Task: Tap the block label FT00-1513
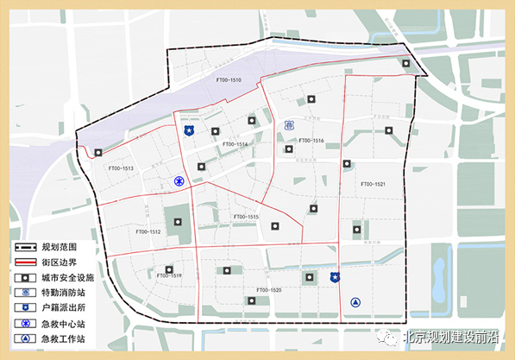click(x=121, y=168)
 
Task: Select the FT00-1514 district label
click(x=235, y=144)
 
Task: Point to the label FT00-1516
click(x=311, y=140)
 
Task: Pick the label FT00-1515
click(x=246, y=216)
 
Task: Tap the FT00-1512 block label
click(x=148, y=231)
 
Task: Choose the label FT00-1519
click(x=169, y=275)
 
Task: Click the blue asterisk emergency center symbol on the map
click(x=179, y=181)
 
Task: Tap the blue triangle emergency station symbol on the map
click(x=355, y=302)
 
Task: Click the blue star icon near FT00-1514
click(x=189, y=130)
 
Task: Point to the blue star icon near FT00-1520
click(x=336, y=277)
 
